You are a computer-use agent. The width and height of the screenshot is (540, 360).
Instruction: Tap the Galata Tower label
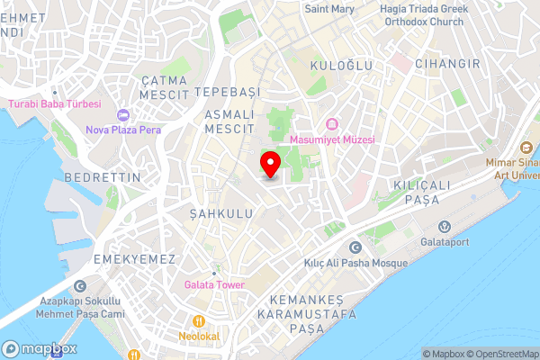click(214, 284)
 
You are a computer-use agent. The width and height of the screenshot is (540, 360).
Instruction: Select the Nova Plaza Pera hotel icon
click(123, 115)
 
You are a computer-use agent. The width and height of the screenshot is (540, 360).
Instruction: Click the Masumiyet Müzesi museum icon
click(331, 124)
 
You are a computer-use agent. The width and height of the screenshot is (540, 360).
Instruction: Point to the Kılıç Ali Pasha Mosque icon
click(354, 247)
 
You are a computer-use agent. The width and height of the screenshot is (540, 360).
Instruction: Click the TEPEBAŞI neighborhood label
click(227, 93)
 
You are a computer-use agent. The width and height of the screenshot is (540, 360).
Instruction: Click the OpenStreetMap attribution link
click(500, 353)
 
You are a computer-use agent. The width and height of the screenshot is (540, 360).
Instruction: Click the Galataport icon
click(443, 227)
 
